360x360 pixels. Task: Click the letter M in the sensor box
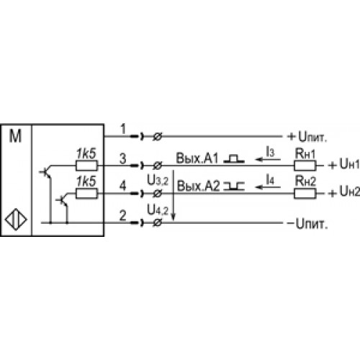tap(15, 136)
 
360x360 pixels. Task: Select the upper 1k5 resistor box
tap(86, 166)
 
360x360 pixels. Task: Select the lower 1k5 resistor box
tap(86, 194)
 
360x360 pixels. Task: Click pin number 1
tap(123, 129)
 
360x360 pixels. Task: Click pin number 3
tap(123, 158)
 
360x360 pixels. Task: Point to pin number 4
tap(123, 186)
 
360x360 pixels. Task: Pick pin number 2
tap(123, 215)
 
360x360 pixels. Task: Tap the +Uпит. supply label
tap(307, 137)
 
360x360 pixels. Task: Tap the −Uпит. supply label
tap(307, 224)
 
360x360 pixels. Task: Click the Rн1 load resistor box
tap(305, 166)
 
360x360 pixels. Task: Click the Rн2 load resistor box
tap(305, 194)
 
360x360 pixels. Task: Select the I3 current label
tap(270, 152)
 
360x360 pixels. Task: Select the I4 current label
tap(270, 179)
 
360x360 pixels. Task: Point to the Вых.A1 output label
tap(197, 158)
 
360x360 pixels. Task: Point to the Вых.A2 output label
tap(198, 186)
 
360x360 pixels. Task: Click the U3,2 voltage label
tap(158, 181)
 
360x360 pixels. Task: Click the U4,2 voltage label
tap(158, 210)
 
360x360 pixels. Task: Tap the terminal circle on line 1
tap(158, 137)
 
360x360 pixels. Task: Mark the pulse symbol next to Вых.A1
tap(234, 158)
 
